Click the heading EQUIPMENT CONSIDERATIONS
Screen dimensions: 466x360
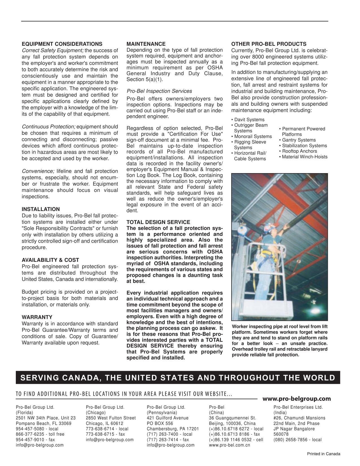point(62,44)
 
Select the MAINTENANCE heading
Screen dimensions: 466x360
point(146,44)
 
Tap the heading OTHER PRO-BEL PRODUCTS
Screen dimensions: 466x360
point(269,44)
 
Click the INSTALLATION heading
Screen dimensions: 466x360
point(41,209)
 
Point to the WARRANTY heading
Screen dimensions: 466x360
point(37,317)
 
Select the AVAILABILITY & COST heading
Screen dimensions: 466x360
point(50,260)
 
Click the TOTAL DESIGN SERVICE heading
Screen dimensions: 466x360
point(158,222)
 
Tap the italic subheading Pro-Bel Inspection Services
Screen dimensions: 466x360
point(159,91)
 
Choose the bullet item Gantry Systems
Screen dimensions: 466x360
point(299,140)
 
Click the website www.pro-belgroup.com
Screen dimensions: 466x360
point(296,399)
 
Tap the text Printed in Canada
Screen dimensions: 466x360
point(324,454)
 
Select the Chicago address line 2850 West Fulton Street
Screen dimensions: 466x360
point(111,418)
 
